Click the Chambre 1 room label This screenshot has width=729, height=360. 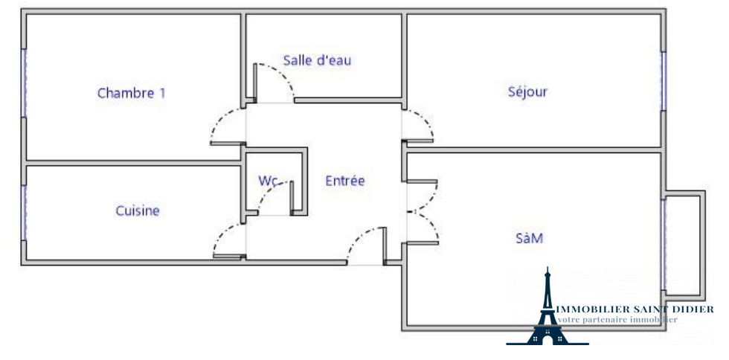click(132, 93)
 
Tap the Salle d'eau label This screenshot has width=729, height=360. click(317, 60)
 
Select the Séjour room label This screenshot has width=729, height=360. click(527, 91)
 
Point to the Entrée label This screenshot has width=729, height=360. click(345, 180)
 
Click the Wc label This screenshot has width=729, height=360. click(268, 180)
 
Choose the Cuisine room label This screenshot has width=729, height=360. click(138, 210)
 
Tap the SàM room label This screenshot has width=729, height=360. click(529, 238)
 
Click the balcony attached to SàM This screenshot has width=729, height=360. click(684, 243)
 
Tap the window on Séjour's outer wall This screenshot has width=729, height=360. click(662, 82)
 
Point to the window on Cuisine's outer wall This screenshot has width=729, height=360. click(24, 212)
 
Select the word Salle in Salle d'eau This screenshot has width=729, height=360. click(297, 60)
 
